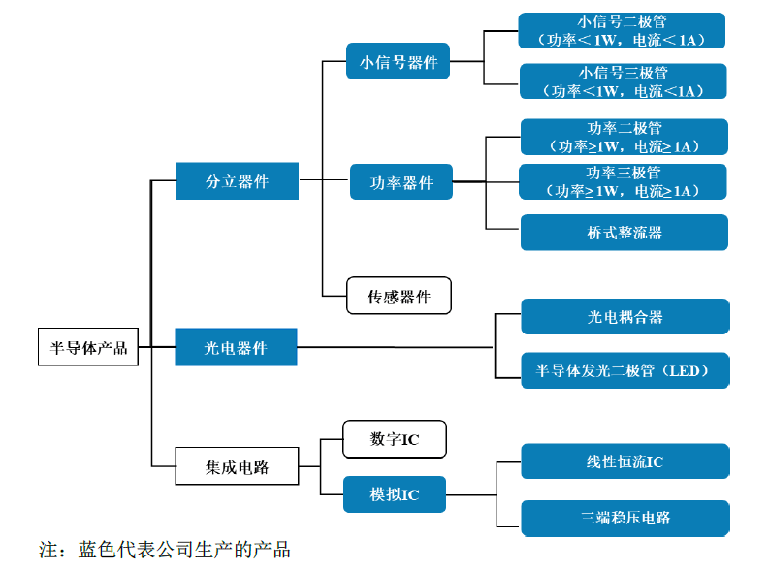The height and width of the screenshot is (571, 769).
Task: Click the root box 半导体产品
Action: click(x=88, y=348)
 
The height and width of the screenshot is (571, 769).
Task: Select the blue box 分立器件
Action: click(x=237, y=181)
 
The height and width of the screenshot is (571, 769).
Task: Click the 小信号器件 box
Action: click(x=399, y=63)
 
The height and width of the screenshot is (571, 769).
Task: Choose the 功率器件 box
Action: click(x=401, y=182)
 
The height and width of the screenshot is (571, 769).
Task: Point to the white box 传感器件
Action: click(x=399, y=297)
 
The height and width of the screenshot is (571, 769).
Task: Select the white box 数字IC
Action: click(x=395, y=439)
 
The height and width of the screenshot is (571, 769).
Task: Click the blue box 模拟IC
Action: click(x=395, y=494)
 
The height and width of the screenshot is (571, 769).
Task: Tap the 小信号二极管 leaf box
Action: click(x=622, y=30)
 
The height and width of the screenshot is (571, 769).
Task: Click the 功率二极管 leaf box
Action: click(x=624, y=138)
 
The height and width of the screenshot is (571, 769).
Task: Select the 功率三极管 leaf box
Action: click(x=624, y=182)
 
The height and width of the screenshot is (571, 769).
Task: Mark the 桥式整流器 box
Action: click(x=624, y=233)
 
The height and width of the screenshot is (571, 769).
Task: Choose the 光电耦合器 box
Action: click(x=625, y=317)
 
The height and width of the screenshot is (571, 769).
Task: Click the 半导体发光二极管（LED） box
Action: click(x=625, y=370)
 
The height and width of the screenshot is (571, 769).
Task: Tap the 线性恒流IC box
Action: click(x=625, y=461)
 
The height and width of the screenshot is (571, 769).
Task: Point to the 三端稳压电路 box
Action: click(x=625, y=518)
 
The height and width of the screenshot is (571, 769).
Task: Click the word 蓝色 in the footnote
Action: click(x=96, y=551)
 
